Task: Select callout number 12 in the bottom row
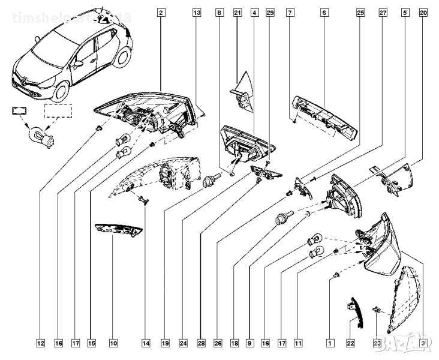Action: click(x=40, y=344)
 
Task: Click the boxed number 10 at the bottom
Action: click(x=113, y=344)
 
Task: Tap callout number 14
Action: click(x=146, y=344)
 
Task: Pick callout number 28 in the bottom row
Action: click(x=201, y=344)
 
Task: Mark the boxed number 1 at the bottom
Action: click(x=329, y=344)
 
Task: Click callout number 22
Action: click(x=351, y=344)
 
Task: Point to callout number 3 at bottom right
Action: click(x=423, y=344)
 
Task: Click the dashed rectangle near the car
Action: click(x=59, y=112)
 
